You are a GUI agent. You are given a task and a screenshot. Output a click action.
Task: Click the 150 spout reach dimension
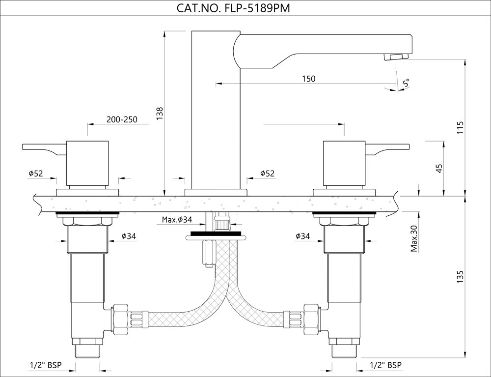point(309,79)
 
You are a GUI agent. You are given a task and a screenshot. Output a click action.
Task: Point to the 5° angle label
point(406,83)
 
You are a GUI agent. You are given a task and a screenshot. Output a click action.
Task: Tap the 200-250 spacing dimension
point(122,119)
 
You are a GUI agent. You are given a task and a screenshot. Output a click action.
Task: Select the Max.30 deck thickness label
point(414,238)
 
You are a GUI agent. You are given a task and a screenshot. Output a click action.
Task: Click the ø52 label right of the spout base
point(267,173)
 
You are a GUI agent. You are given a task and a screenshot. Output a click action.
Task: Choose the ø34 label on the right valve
point(302,236)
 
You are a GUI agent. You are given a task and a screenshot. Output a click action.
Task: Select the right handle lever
point(388,148)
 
